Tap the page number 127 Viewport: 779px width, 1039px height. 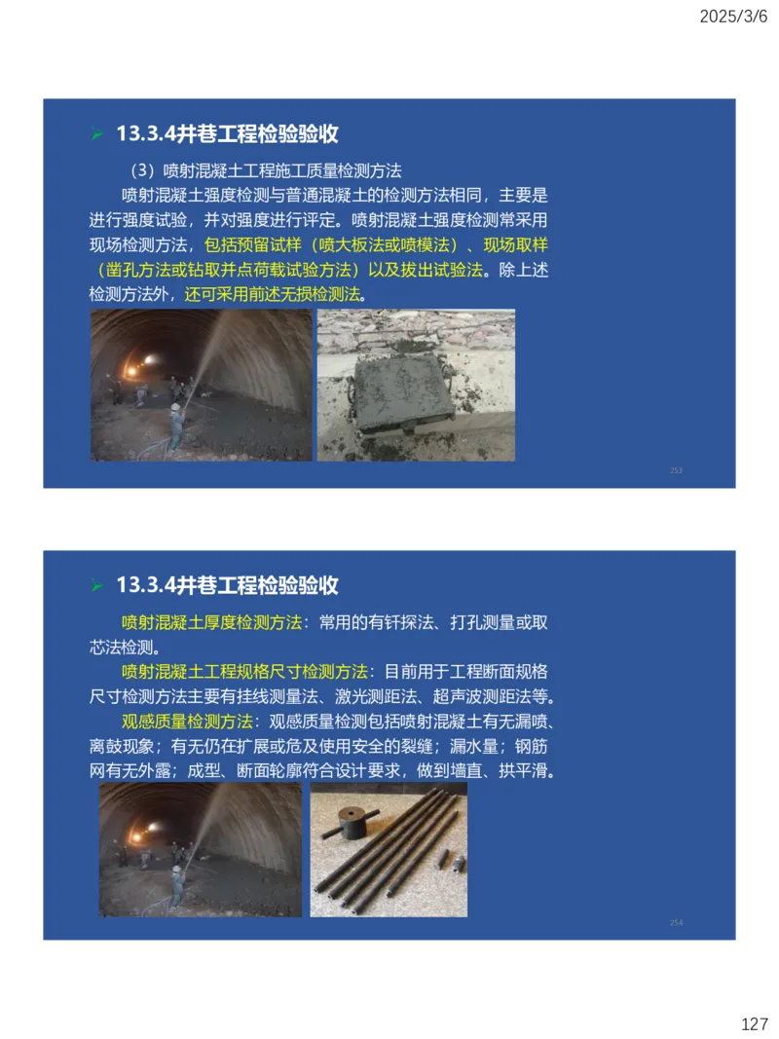pos(755,1024)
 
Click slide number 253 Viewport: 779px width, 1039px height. pos(676,470)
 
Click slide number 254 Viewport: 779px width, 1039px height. pos(676,922)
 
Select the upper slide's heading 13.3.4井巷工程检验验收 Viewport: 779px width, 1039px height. pos(227,134)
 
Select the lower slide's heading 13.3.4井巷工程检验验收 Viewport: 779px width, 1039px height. pos(227,585)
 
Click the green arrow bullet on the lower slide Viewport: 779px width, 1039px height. pos(96,586)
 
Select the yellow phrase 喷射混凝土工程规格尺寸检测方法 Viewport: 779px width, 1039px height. pos(244,672)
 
